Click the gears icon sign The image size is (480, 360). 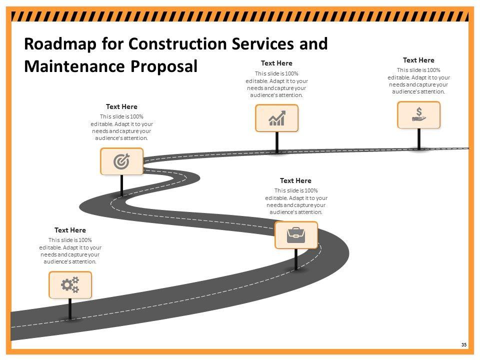coord(70,285)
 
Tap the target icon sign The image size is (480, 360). coord(121,161)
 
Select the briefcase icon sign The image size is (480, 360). coord(296,235)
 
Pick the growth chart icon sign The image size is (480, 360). coord(276,118)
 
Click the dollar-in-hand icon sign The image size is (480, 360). coord(418,115)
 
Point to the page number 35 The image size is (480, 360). coord(464,345)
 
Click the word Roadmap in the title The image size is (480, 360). coord(59,44)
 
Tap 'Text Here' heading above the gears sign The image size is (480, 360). coord(70,230)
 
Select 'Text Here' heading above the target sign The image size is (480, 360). coord(121,106)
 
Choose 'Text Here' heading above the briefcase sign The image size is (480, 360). coord(295,180)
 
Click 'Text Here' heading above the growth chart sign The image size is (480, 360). coord(276,63)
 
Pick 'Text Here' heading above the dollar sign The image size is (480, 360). coord(418,60)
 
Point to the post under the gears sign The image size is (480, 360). coord(70,309)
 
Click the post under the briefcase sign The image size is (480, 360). coord(296,259)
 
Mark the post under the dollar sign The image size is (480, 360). coord(419,138)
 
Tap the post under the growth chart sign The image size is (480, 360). coord(276,142)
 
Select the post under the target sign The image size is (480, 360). coord(121,185)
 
